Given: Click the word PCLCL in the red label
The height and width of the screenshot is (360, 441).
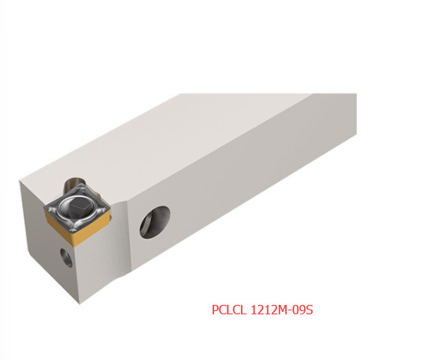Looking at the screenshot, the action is [x=229, y=310].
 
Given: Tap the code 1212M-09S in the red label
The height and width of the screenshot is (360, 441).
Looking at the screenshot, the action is [x=282, y=310].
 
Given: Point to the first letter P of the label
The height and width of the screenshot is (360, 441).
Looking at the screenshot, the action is [x=215, y=310].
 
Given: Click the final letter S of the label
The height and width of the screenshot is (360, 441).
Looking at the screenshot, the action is [x=309, y=310].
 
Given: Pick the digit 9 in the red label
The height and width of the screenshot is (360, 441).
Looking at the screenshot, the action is [x=302, y=310].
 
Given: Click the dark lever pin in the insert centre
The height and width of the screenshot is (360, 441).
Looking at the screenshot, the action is [x=80, y=207].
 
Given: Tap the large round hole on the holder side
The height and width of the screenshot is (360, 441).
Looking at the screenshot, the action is [x=154, y=222].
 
